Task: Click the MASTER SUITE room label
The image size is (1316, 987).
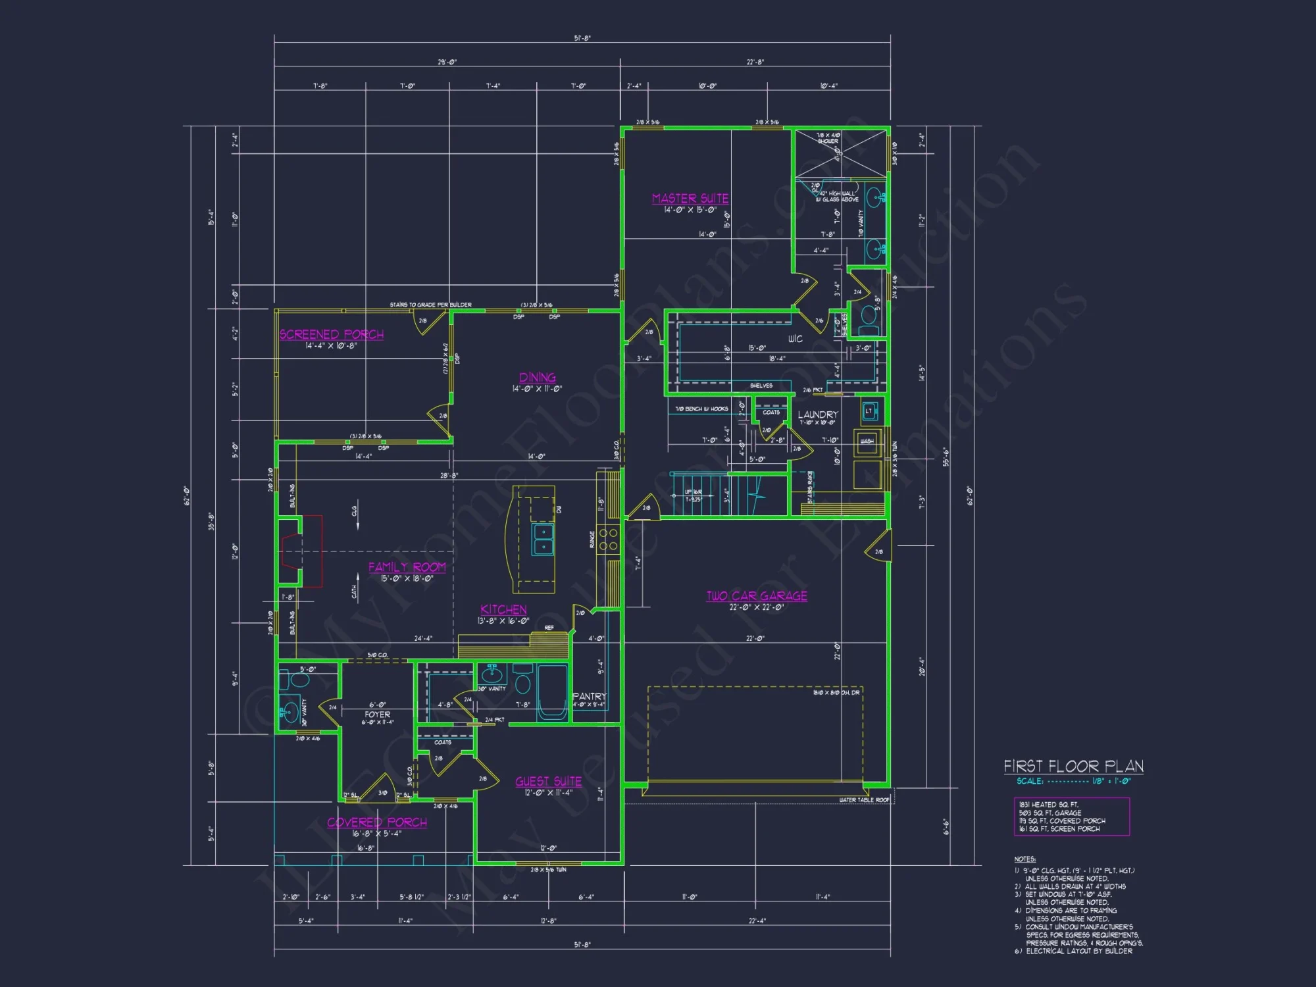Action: pyautogui.click(x=690, y=198)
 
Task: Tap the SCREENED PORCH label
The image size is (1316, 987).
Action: pyautogui.click(x=331, y=334)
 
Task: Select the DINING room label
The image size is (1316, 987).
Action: pyautogui.click(x=537, y=378)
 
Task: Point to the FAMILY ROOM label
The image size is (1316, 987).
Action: pyautogui.click(x=407, y=567)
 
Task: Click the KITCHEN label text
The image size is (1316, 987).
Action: pyautogui.click(x=503, y=610)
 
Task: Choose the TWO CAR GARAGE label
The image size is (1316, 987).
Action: pyautogui.click(x=757, y=596)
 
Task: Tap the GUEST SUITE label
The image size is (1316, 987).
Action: pyautogui.click(x=548, y=782)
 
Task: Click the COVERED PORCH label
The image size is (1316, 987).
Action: pyautogui.click(x=377, y=822)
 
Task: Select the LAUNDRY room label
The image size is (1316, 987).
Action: pyautogui.click(x=818, y=415)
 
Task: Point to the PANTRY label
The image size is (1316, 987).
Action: pyautogui.click(x=589, y=696)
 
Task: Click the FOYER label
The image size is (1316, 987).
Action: pyautogui.click(x=378, y=715)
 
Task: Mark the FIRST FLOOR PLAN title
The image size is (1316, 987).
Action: pyautogui.click(x=1073, y=767)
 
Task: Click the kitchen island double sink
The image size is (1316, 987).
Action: pyautogui.click(x=543, y=540)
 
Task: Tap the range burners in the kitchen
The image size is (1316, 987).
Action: pyautogui.click(x=609, y=540)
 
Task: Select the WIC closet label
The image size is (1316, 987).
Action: pyautogui.click(x=796, y=339)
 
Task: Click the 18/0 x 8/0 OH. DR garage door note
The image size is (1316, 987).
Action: pyautogui.click(x=836, y=693)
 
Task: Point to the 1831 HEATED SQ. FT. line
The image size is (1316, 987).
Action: pyautogui.click(x=1048, y=805)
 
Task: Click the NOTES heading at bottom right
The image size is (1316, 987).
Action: pyautogui.click(x=1025, y=859)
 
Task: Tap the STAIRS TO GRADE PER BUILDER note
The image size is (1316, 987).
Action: pyautogui.click(x=430, y=305)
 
